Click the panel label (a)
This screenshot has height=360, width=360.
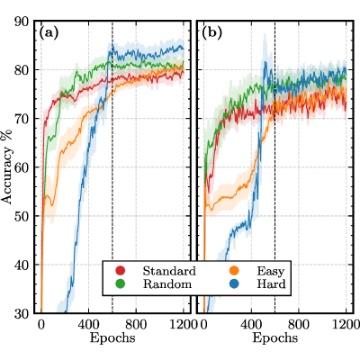(x=49, y=33)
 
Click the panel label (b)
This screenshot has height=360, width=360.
(x=211, y=33)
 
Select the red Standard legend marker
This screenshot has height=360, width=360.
(x=121, y=271)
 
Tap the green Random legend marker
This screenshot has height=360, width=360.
(x=121, y=283)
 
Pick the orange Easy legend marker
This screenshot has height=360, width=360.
(x=234, y=271)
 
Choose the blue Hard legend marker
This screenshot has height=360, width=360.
(x=234, y=283)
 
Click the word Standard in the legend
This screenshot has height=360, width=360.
(x=169, y=271)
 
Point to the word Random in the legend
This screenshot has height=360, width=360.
(x=167, y=283)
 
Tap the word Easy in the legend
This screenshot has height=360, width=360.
(x=271, y=272)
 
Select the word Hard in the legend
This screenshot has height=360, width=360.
(x=271, y=283)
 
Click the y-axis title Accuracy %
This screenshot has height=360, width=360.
(x=7, y=166)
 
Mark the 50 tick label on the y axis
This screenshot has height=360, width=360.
(x=22, y=216)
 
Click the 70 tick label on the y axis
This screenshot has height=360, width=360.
(x=22, y=119)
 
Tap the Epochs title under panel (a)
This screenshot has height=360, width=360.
(x=112, y=338)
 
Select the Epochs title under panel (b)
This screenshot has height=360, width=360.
(x=275, y=338)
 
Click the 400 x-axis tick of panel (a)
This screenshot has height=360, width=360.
(x=89, y=325)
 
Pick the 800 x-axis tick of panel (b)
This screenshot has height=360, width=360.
(x=299, y=325)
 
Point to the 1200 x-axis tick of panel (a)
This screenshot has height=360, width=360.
(x=183, y=325)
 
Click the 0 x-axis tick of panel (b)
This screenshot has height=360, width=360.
(x=203, y=325)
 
